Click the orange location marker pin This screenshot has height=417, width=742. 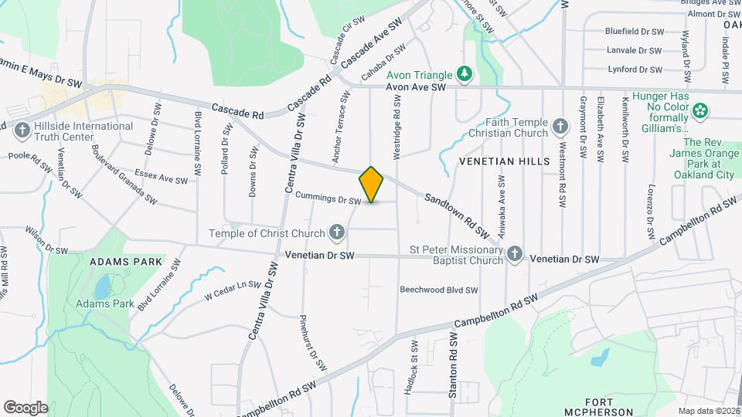372,185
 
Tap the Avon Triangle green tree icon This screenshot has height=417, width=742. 464,74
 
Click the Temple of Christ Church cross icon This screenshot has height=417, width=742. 336,232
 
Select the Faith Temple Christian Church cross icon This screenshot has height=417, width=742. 561,125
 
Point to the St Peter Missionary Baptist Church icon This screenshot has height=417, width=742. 516,254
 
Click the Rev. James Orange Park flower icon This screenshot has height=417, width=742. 701,110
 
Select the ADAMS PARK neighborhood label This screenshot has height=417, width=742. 126,262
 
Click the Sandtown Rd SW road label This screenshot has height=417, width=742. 458,215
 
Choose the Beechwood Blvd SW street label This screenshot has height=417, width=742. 438,290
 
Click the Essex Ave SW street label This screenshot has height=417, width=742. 161,177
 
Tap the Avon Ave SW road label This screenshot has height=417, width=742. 417,88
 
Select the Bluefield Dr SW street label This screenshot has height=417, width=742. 634,32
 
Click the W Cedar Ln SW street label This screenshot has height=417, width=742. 233,290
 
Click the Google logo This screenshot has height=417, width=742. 26,407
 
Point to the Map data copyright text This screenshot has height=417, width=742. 709,411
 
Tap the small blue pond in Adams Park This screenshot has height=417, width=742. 102,286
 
